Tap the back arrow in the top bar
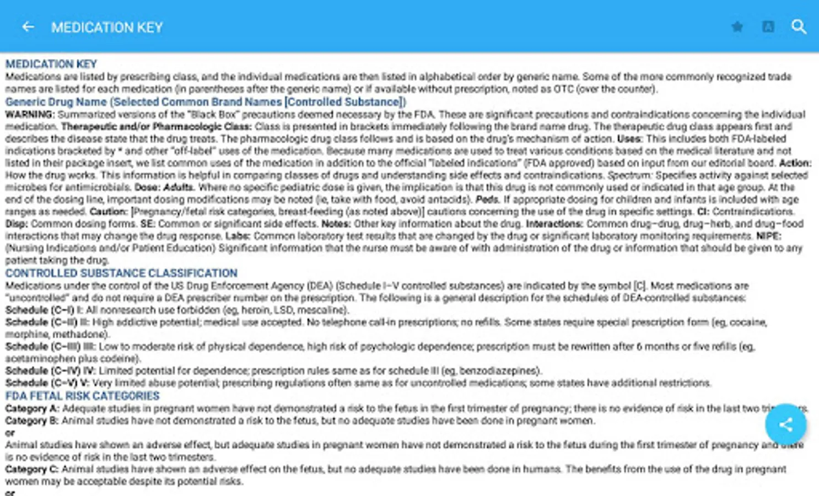pyautogui.click(x=28, y=26)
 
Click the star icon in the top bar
pyautogui.click(x=737, y=26)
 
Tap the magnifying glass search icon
pyautogui.click(x=799, y=26)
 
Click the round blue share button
pyautogui.click(x=785, y=424)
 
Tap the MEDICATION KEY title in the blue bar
pyautogui.click(x=107, y=27)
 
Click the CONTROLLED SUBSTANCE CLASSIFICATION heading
pyautogui.click(x=121, y=273)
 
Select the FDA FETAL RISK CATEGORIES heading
pyautogui.click(x=82, y=396)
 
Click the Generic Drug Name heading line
pyautogui.click(x=205, y=102)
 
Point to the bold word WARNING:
pyautogui.click(x=30, y=115)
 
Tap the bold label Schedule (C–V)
pyautogui.click(x=41, y=382)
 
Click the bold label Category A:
pyautogui.click(x=32, y=408)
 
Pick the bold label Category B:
pyautogui.click(x=32, y=420)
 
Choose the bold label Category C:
pyautogui.click(x=32, y=469)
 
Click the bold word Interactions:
pyautogui.click(x=554, y=224)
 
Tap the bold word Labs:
pyautogui.click(x=238, y=236)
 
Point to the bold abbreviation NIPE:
pyautogui.click(x=768, y=236)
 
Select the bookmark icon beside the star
pyautogui.click(x=768, y=26)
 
